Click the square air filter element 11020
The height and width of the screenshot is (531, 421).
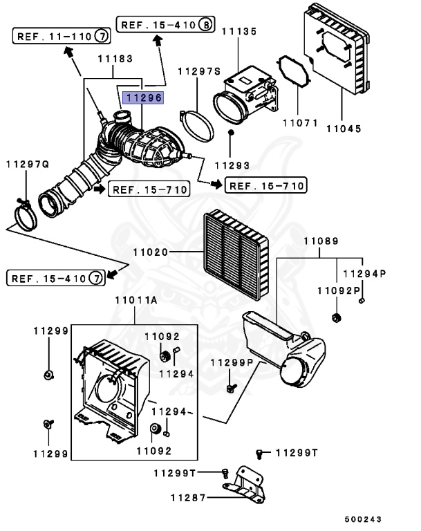pyautogui.click(x=234, y=253)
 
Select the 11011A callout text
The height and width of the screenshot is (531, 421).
pyautogui.click(x=135, y=301)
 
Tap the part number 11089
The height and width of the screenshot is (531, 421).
pyautogui.click(x=321, y=241)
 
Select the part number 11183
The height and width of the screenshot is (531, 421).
pyautogui.click(x=114, y=60)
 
